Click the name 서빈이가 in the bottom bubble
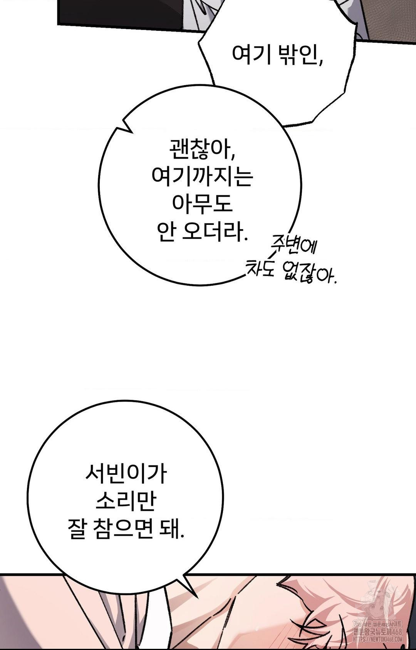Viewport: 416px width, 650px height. [126, 474]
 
